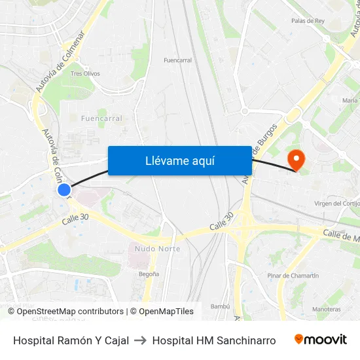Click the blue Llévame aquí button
(x=179, y=160)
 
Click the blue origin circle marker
(x=63, y=190)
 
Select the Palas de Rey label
(x=308, y=21)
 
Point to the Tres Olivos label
(x=85, y=74)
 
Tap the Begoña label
(x=149, y=274)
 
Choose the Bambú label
(x=219, y=306)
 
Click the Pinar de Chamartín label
(x=293, y=276)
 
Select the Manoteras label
(x=326, y=309)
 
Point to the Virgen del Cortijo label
(x=337, y=204)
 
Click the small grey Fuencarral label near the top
(x=177, y=60)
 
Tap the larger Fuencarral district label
(x=101, y=118)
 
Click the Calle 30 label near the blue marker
(x=75, y=221)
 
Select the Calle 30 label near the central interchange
(x=222, y=225)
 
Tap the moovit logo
(x=321, y=340)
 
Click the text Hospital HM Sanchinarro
(x=213, y=340)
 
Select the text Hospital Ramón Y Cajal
(x=71, y=340)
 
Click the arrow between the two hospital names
(x=140, y=340)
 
